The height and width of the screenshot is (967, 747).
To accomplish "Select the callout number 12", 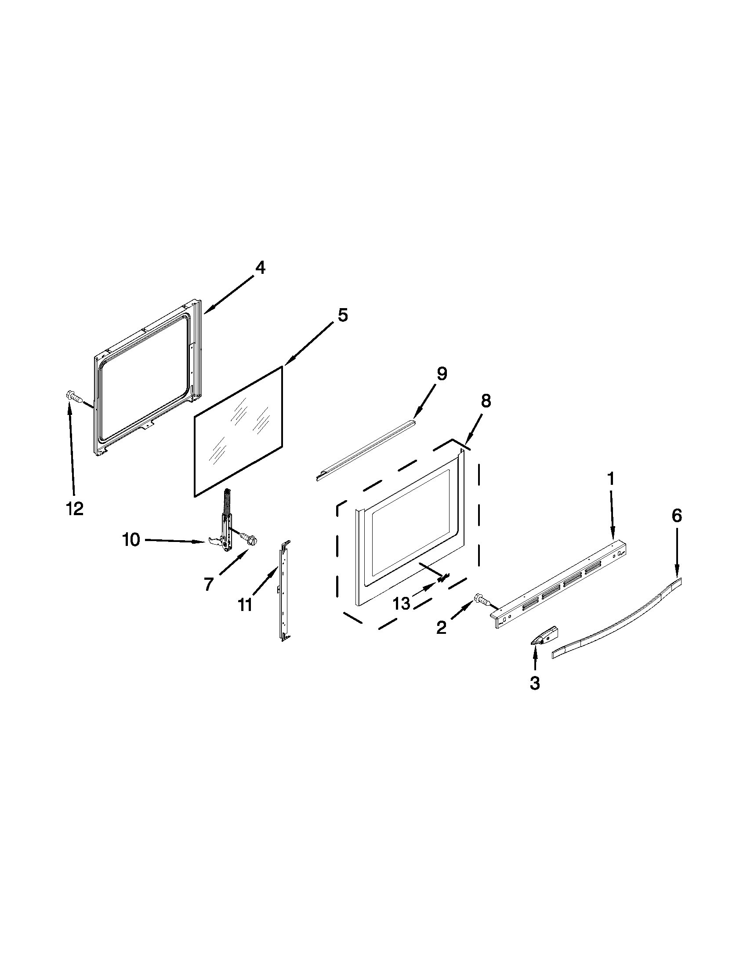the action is pos(75,509).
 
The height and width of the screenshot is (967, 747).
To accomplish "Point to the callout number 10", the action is pos(132,540).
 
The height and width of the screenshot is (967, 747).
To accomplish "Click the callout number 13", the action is pos(402,603).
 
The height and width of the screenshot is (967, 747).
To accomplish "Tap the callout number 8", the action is pos(486,401).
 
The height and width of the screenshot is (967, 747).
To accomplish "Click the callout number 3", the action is pos(535,683).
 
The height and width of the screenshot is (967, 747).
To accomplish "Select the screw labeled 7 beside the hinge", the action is pos(248,538).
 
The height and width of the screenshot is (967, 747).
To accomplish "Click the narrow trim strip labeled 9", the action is pos(366,450).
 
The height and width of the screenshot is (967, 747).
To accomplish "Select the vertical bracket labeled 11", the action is pos(283,592).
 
